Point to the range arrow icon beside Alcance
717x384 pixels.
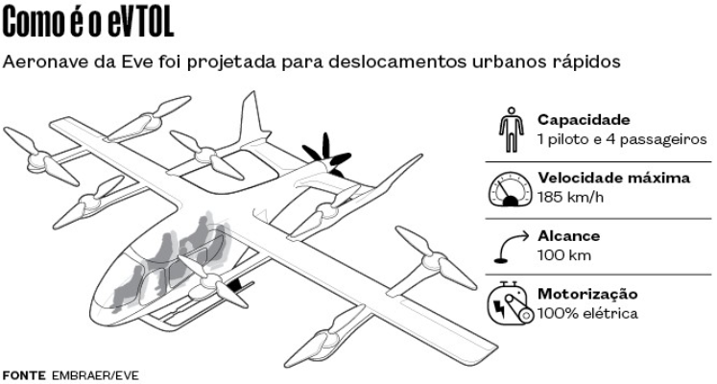510,246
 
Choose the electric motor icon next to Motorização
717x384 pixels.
511,303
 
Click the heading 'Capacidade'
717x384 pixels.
584,120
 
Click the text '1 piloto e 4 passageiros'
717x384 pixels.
622,139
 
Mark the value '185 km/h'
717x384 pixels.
570,197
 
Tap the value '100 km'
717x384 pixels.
564,255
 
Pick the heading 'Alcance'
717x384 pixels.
569,236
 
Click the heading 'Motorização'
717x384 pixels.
587,294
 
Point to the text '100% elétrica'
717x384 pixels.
587,313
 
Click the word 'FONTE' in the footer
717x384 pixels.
24,374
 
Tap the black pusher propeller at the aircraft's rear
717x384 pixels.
323,156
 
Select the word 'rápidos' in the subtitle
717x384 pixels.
591,62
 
